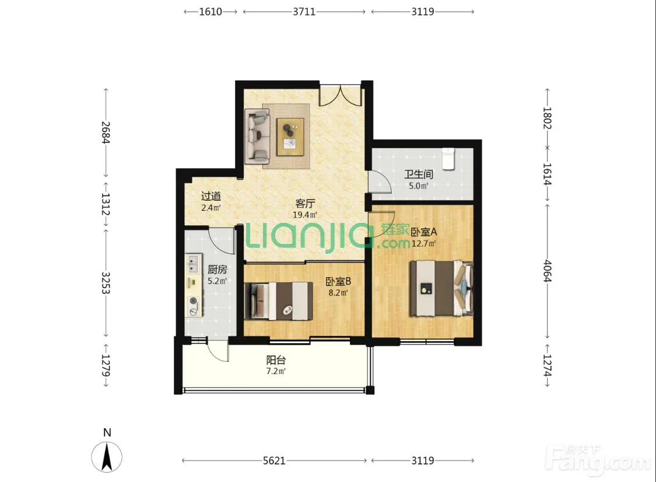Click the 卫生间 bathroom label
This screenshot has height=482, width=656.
tap(418, 174)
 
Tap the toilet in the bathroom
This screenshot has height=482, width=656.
tap(448, 159)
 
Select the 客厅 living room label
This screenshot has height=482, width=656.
tap(305, 204)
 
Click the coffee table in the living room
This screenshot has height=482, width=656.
tap(290, 137)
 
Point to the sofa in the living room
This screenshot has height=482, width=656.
tap(257, 136)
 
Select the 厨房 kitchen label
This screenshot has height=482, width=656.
tap(217, 270)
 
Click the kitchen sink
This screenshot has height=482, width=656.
tap(193, 264)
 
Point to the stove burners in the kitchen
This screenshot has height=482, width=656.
tap(193, 306)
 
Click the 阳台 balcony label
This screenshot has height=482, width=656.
tap(276, 360)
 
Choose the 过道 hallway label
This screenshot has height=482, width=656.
tap(211, 196)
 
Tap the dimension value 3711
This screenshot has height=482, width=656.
tap(304, 12)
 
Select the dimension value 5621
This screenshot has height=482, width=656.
tap(274, 460)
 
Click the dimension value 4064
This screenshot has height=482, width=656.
tap(547, 271)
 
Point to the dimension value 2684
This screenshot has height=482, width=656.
tap(106, 132)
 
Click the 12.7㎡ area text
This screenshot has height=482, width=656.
tap(424, 243)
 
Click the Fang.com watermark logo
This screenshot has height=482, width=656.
tap(599, 460)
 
